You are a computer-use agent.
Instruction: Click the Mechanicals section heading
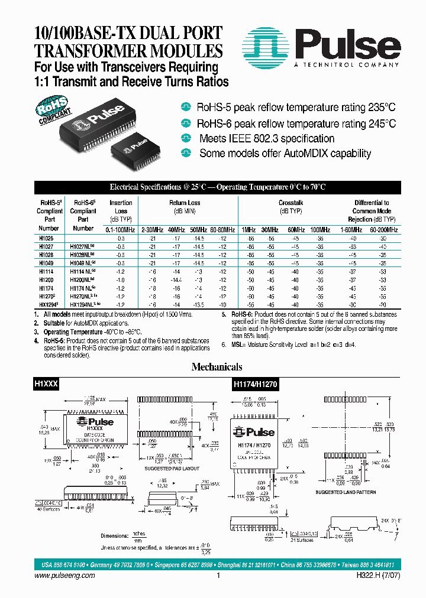coord(217,367)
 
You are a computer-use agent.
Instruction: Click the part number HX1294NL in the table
coord(84,301)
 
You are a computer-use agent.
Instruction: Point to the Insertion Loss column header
coord(121,206)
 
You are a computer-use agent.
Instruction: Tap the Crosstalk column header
coord(288,203)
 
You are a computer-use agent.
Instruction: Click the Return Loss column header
coord(185,203)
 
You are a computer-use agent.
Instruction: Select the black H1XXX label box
coord(45,383)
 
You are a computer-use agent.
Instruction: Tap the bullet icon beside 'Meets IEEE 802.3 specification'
coord(187,138)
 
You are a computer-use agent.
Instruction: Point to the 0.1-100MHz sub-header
coord(121,228)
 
